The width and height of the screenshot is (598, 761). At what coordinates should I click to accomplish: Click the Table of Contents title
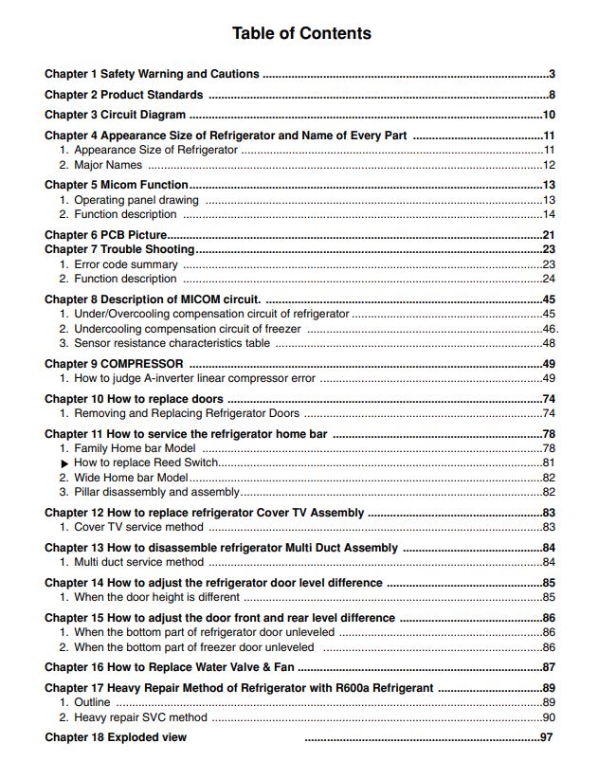(301, 34)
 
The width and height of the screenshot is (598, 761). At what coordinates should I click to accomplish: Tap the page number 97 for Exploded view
(546, 737)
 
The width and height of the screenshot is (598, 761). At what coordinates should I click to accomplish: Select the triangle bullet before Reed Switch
(64, 462)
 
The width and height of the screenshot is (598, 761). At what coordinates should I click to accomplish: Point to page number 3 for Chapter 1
(552, 74)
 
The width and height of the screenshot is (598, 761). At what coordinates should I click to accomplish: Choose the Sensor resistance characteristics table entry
(172, 343)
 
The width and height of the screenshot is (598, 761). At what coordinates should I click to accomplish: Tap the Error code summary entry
(125, 264)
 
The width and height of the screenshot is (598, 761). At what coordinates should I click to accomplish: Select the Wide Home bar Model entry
(131, 478)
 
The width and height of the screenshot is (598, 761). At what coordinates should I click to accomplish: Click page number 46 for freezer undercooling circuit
(548, 329)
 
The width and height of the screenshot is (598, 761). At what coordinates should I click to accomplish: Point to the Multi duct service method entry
(138, 562)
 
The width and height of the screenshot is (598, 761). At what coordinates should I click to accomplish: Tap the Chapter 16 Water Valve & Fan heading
(170, 667)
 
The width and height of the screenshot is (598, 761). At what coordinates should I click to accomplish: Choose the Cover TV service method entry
(138, 527)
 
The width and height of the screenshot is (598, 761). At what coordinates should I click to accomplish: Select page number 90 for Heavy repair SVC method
(548, 717)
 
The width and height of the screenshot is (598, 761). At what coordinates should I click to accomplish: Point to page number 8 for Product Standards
(552, 95)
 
